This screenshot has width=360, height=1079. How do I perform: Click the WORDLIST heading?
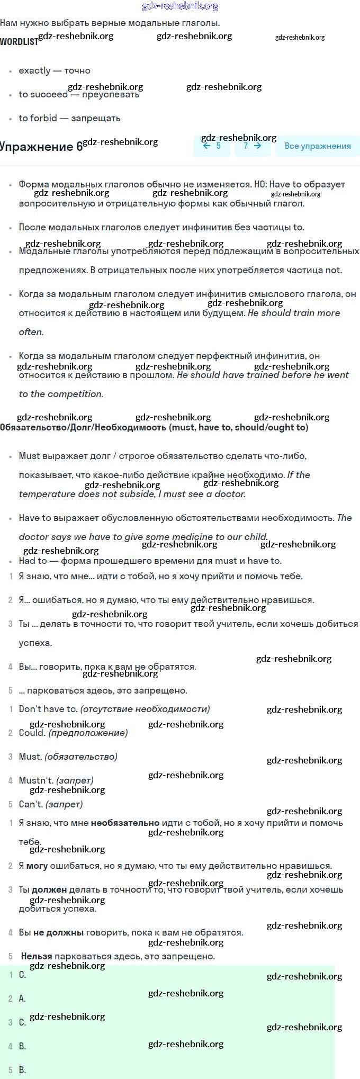tap(19, 42)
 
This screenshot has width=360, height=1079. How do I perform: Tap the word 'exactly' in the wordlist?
tap(34, 70)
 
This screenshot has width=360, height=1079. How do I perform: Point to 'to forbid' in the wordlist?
tap(38, 118)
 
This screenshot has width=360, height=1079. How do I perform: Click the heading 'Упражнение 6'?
tap(41, 147)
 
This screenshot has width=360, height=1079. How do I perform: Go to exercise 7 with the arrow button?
tap(252, 146)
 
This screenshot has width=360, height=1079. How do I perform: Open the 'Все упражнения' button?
tap(318, 146)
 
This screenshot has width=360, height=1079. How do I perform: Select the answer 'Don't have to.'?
tap(48, 709)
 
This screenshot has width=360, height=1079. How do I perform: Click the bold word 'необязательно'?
tap(125, 823)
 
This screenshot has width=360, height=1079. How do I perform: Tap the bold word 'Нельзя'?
tap(37, 956)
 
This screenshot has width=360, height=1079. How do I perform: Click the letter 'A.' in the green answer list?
tap(22, 999)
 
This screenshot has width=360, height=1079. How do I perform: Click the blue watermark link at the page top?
tap(180, 6)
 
